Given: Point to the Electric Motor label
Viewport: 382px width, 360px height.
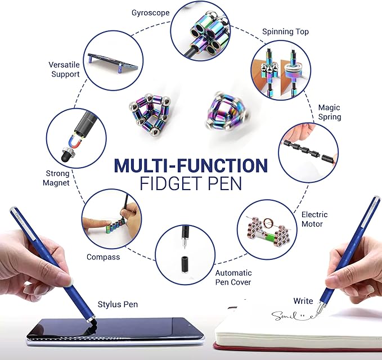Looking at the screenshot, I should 314,219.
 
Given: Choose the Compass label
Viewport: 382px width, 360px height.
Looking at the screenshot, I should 103,257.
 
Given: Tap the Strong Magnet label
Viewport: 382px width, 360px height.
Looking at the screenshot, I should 57,178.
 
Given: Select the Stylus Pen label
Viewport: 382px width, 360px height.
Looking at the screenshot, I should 118,304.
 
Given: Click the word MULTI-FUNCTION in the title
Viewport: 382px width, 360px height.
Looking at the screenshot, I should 190,165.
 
